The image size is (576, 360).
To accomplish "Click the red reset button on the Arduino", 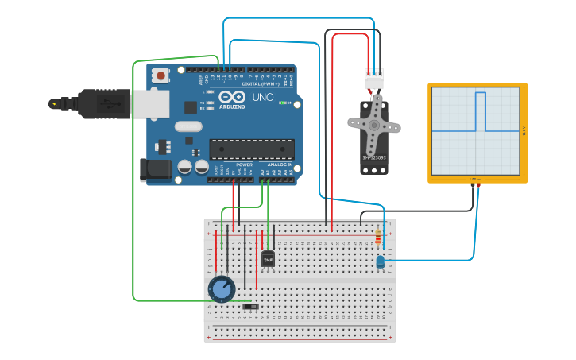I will pyautogui.click(x=161, y=76).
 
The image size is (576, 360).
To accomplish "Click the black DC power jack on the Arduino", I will pyautogui.click(x=154, y=168).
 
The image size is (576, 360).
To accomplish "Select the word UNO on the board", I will pyautogui.click(x=262, y=98).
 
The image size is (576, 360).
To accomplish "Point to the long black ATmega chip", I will pyautogui.click(x=251, y=149).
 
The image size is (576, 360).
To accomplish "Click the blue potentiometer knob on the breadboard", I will pyautogui.click(x=221, y=289).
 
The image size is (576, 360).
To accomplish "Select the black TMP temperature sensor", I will pyautogui.click(x=268, y=258).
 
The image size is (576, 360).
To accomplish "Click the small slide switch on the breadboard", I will pyautogui.click(x=251, y=306).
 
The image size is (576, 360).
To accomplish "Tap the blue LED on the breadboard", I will pyautogui.click(x=380, y=261).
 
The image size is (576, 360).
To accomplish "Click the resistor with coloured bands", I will pyautogui.click(x=377, y=237).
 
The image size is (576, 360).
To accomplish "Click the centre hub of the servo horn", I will pyautogui.click(x=373, y=125).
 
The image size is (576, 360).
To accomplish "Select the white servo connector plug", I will pyautogui.click(x=373, y=79).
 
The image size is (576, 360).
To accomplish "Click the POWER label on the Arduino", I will pyautogui.click(x=244, y=165).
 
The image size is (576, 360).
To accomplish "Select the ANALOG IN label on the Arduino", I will pyautogui.click(x=279, y=165).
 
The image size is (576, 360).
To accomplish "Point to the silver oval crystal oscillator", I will pyautogui.click(x=189, y=126).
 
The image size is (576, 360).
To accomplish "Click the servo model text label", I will pyautogui.click(x=373, y=158).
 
